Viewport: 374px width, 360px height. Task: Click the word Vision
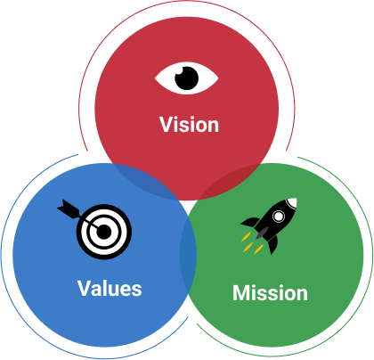[x=189, y=125]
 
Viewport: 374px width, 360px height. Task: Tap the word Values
[x=110, y=288]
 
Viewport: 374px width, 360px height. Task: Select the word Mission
[x=270, y=293]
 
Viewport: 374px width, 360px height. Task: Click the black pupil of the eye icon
[x=187, y=78]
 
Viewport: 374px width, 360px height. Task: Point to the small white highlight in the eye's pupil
[x=179, y=70]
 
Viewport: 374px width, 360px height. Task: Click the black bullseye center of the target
[x=103, y=232]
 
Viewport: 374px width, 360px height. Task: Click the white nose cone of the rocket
[x=291, y=202]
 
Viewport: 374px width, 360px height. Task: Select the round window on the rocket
[x=279, y=217]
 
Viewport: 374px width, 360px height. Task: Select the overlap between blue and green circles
[x=188, y=256]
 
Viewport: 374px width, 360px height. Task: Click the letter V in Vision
[x=167, y=125]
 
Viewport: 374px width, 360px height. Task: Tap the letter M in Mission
[x=241, y=293]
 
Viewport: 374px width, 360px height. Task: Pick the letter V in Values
[x=85, y=288]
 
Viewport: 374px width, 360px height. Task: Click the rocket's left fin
[x=251, y=222]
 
